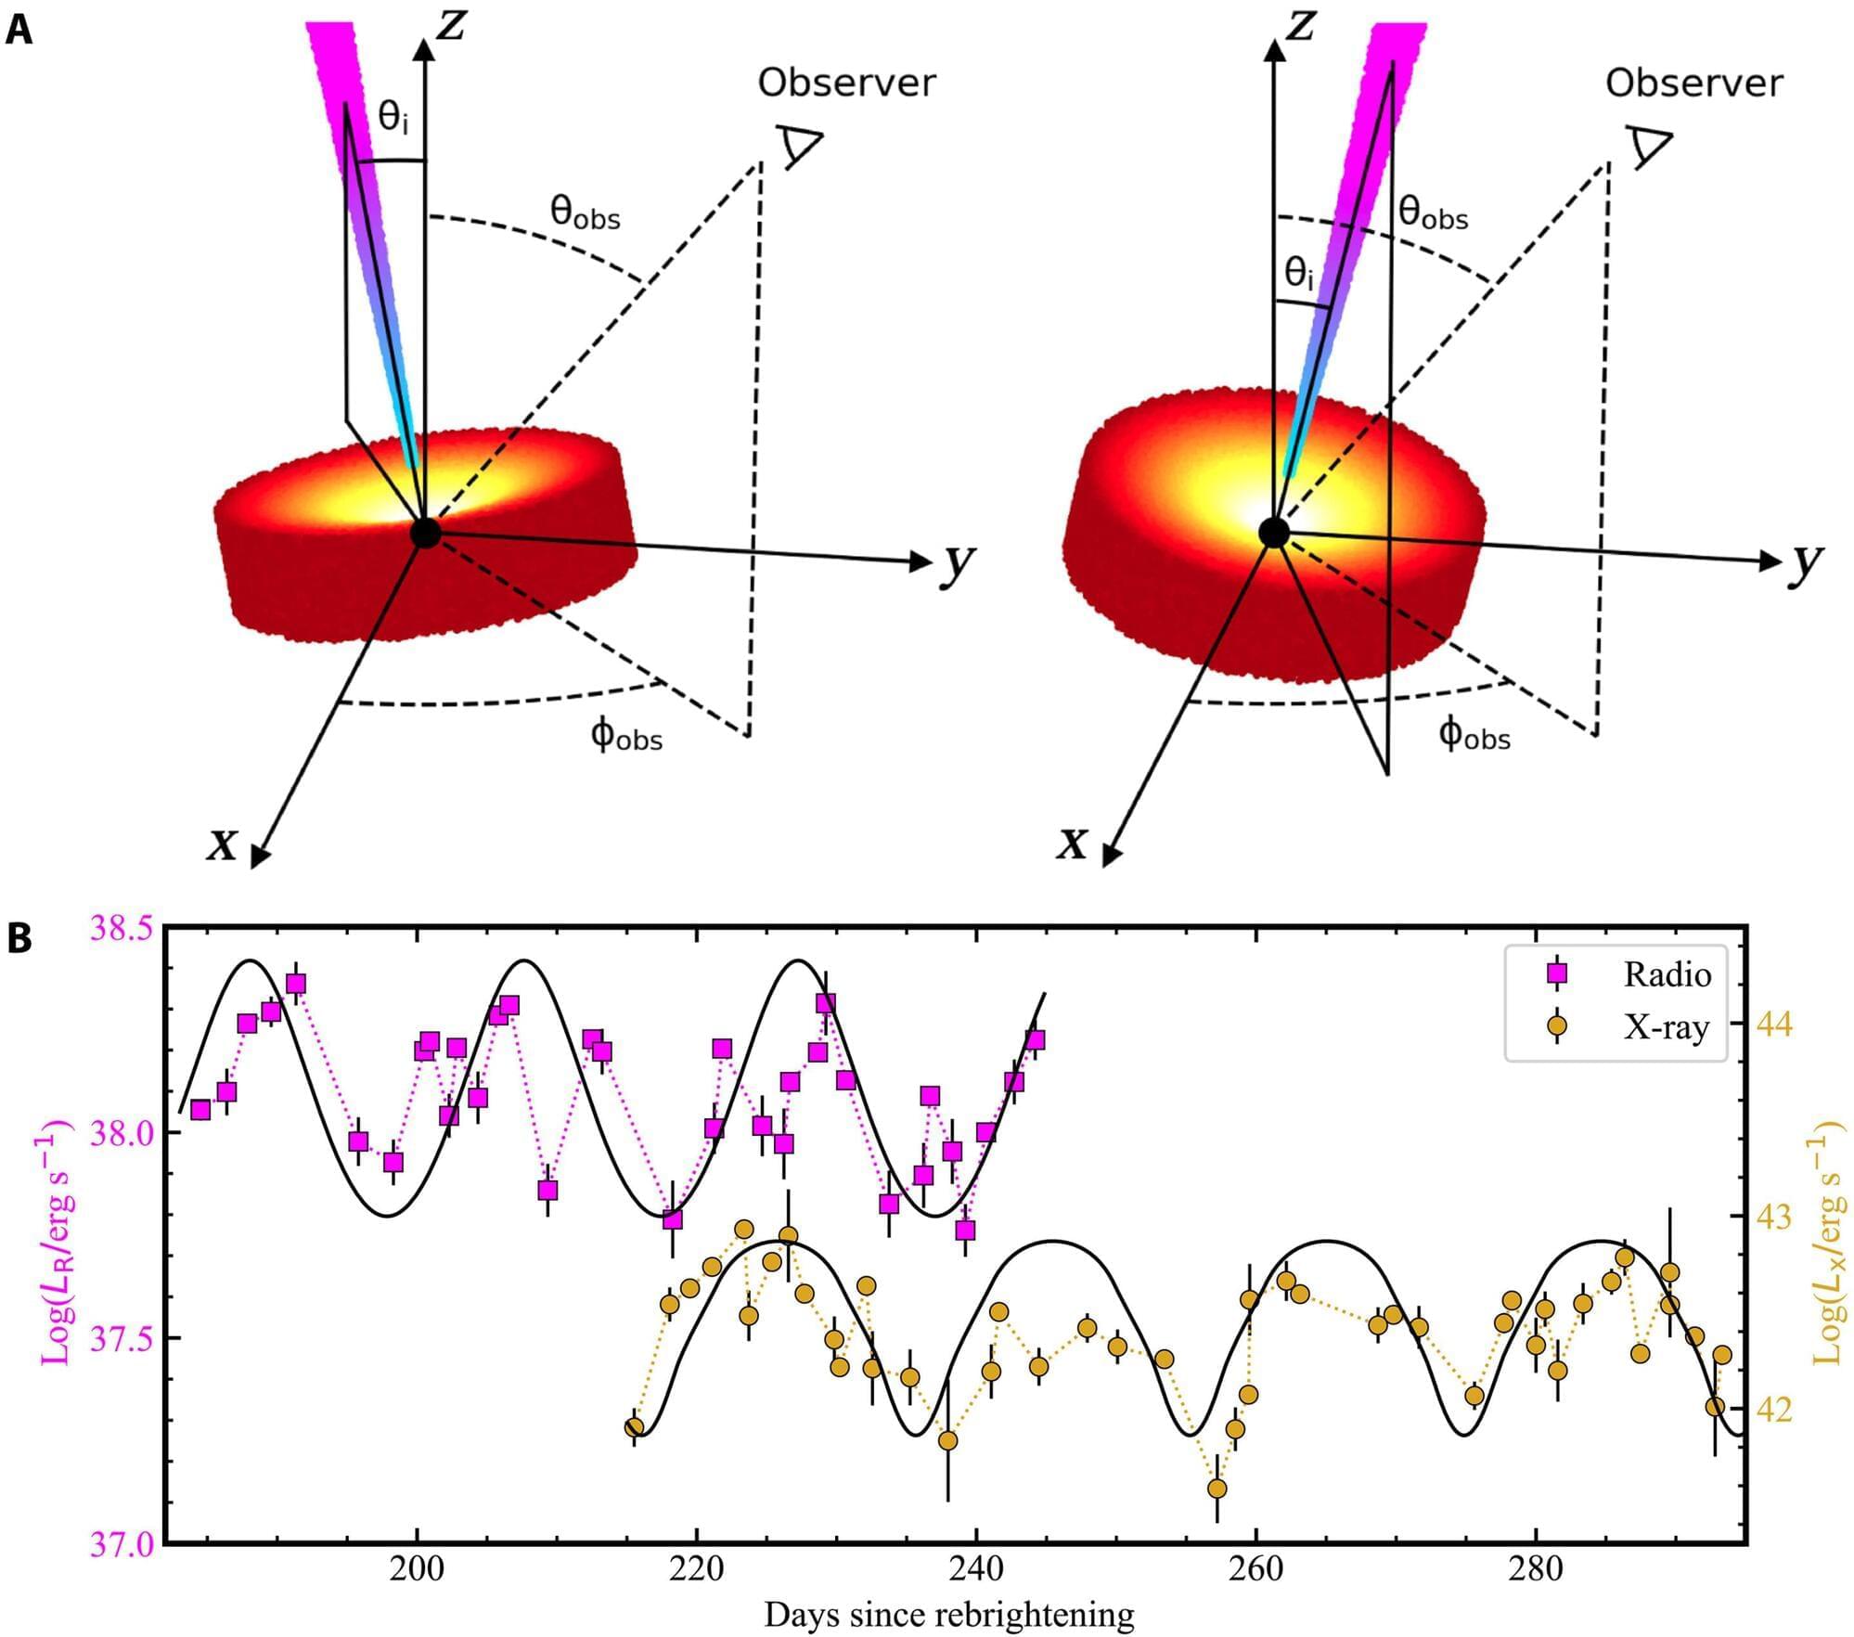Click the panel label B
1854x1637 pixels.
(19, 939)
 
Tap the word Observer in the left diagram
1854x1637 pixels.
(846, 84)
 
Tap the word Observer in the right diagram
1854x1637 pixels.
(1693, 84)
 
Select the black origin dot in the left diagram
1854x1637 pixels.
(425, 533)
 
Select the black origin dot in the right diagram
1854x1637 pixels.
(1274, 533)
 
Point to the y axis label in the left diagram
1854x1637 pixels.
(957, 564)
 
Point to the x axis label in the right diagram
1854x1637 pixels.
(1073, 843)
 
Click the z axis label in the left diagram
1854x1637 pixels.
(452, 26)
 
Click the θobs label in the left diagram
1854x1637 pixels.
(585, 214)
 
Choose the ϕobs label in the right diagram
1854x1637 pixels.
(1474, 735)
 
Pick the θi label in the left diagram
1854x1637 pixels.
(393, 119)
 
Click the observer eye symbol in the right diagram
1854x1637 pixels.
(1649, 148)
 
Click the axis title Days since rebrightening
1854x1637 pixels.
(948, 1615)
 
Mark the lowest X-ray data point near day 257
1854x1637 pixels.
(1217, 1489)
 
